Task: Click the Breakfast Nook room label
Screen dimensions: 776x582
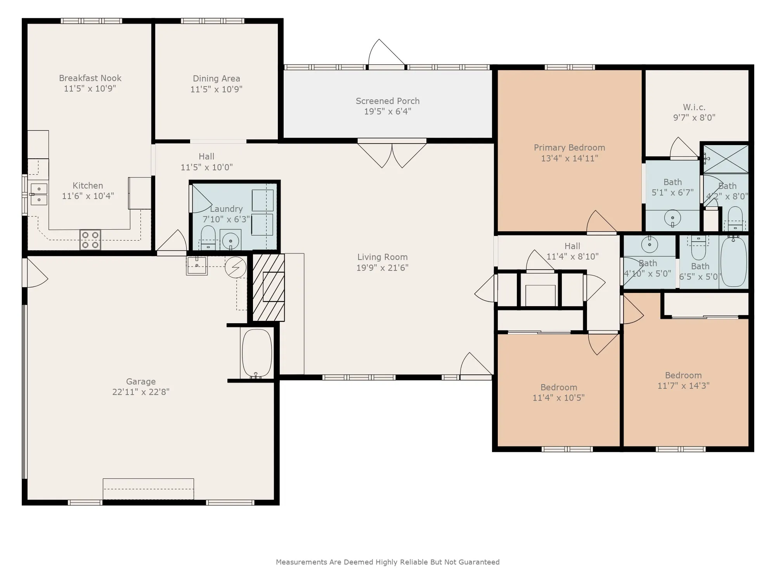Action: [x=90, y=78]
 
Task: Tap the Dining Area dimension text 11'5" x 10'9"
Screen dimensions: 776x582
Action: [x=216, y=89]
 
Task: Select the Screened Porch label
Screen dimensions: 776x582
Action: [x=388, y=101]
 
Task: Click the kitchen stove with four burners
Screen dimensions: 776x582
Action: [x=90, y=240]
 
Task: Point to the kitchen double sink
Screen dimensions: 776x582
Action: [x=39, y=194]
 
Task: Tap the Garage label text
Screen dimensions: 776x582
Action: [x=140, y=381]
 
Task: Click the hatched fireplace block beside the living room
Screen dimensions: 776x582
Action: [x=268, y=288]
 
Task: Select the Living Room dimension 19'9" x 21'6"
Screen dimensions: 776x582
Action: [x=382, y=268]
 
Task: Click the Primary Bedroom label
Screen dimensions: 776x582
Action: [x=569, y=147]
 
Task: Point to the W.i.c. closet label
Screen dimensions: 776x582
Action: [x=694, y=107]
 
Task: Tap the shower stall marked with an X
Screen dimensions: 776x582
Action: [x=726, y=159]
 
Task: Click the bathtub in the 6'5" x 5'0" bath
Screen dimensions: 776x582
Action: [x=733, y=262]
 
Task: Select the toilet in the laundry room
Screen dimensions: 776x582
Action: [x=208, y=237]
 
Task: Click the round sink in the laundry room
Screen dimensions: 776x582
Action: [x=230, y=240]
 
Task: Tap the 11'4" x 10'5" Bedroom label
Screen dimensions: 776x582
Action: [x=559, y=387]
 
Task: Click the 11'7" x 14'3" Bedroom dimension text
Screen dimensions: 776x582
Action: [x=683, y=386]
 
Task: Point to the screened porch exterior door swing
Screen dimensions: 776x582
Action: [x=386, y=52]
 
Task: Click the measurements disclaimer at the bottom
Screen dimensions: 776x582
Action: [x=388, y=562]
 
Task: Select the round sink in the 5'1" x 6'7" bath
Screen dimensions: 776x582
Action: [x=672, y=218]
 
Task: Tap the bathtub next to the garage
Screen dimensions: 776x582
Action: [x=256, y=353]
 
